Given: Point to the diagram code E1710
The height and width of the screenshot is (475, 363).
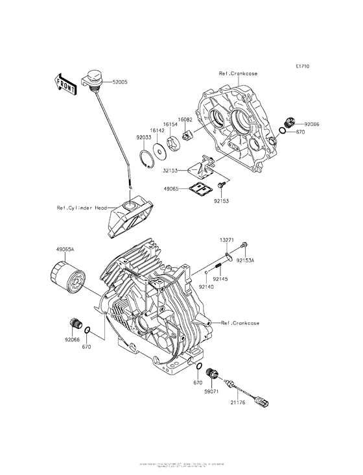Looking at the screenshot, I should [x=302, y=66].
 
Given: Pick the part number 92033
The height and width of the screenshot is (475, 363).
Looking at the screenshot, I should [x=144, y=138].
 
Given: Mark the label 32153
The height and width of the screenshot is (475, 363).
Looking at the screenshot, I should [x=170, y=171].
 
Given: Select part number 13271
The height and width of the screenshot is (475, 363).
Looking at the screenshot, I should [x=226, y=239].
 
